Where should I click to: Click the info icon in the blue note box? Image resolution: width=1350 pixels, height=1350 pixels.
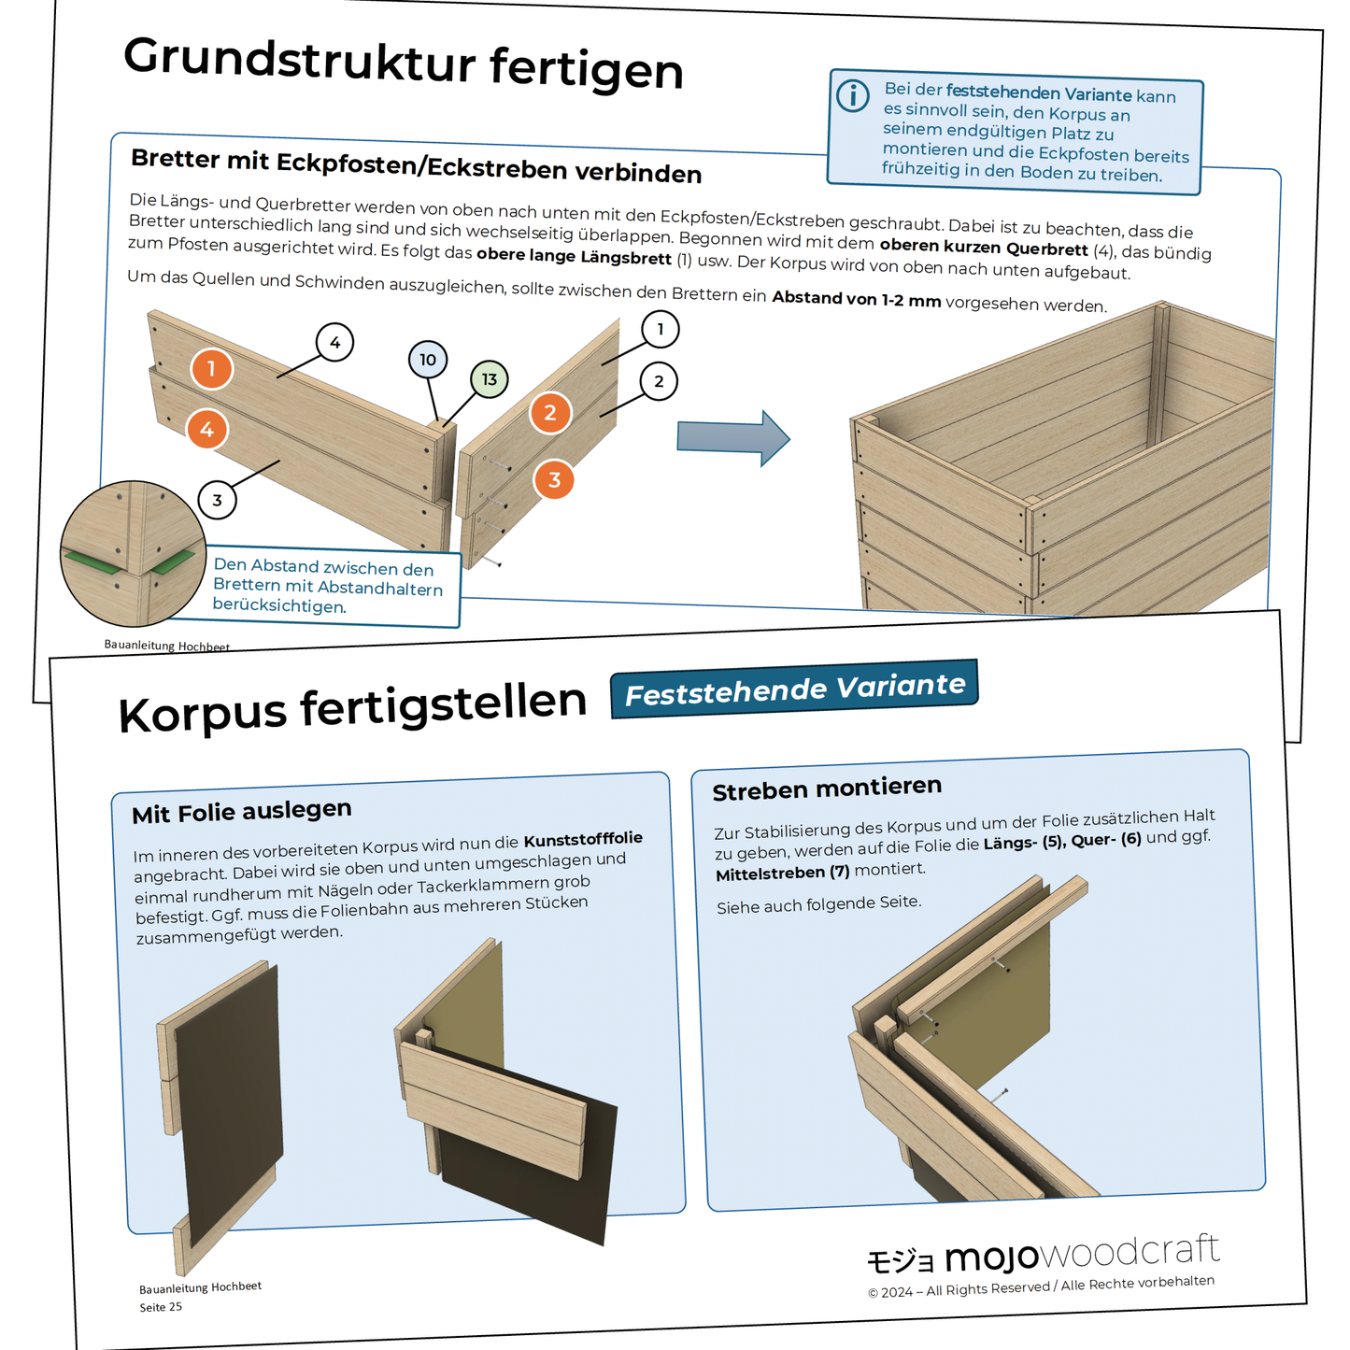point(852,95)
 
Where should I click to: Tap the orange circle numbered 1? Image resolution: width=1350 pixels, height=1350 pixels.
point(212,368)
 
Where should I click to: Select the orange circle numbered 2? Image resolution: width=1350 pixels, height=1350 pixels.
point(550,412)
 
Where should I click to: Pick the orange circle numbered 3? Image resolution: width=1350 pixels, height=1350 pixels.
point(554,479)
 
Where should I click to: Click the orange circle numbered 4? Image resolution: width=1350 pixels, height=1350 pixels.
point(206,430)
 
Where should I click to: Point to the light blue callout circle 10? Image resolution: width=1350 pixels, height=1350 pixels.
point(428,360)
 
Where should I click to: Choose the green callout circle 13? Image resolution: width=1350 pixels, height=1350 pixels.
point(490,379)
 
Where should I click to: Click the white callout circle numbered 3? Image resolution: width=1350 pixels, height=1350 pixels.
point(217,500)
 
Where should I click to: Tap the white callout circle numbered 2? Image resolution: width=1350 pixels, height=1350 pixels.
point(659,381)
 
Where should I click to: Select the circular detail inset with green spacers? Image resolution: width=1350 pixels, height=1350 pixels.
point(133,553)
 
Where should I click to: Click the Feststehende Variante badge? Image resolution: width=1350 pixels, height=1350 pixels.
point(794,689)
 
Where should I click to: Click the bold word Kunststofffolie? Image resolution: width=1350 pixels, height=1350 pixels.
point(583,839)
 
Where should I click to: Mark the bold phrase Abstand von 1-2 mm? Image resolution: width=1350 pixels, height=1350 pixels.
point(856,299)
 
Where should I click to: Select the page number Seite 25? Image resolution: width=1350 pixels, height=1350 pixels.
point(161,1307)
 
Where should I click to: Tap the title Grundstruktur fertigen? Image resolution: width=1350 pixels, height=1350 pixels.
point(403,64)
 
